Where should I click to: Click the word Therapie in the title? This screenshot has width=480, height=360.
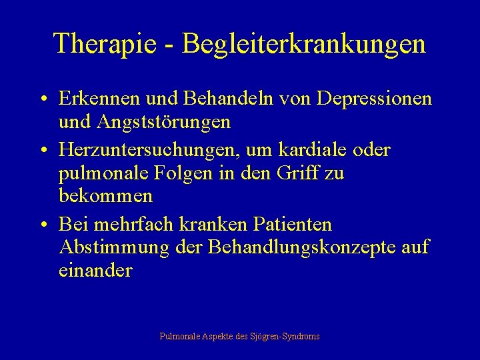click(105, 44)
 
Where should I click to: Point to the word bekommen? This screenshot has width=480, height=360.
click(105, 197)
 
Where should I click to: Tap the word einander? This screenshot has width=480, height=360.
click(96, 271)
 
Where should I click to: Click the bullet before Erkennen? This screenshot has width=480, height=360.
click(42, 100)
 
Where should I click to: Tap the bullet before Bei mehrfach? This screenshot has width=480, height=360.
click(42, 225)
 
